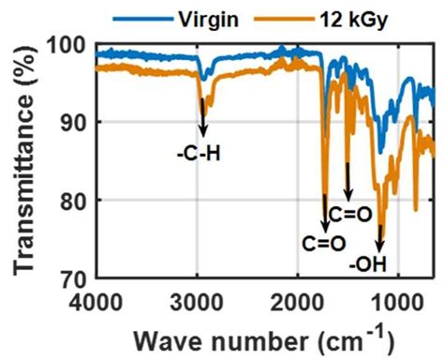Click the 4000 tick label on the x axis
(95, 302)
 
